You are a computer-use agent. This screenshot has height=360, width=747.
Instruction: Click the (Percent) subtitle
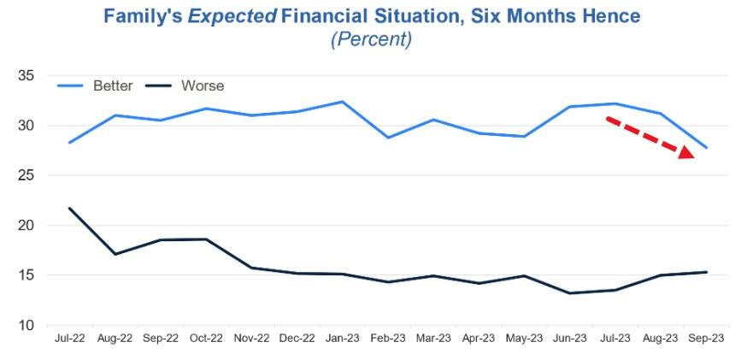pos(373,39)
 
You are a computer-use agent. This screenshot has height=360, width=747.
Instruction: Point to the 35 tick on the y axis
pos(26,76)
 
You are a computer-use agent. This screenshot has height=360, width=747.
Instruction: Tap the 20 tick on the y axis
pos(26,226)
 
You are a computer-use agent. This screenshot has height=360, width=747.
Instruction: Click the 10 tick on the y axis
pos(26,326)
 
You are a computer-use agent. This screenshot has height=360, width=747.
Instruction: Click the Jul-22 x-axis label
pos(68,339)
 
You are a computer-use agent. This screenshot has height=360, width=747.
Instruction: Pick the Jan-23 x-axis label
pos(342,339)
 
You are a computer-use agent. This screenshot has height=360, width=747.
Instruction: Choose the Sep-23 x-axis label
pos(706,339)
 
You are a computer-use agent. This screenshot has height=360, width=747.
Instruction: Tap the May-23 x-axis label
pos(524,339)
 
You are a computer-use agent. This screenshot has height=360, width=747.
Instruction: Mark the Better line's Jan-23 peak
pos(342,102)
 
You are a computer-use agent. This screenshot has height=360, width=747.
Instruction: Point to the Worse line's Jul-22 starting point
pos(68,208)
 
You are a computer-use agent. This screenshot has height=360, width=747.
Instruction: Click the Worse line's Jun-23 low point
pos(570,293)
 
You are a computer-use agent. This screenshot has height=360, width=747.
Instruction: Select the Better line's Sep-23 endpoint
pos(706,148)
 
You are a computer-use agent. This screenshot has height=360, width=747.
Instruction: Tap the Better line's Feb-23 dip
pos(388,138)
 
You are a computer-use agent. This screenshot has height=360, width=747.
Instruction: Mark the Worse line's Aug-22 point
pos(115,254)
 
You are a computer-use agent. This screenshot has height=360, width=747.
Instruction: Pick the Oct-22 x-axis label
pos(205,339)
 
